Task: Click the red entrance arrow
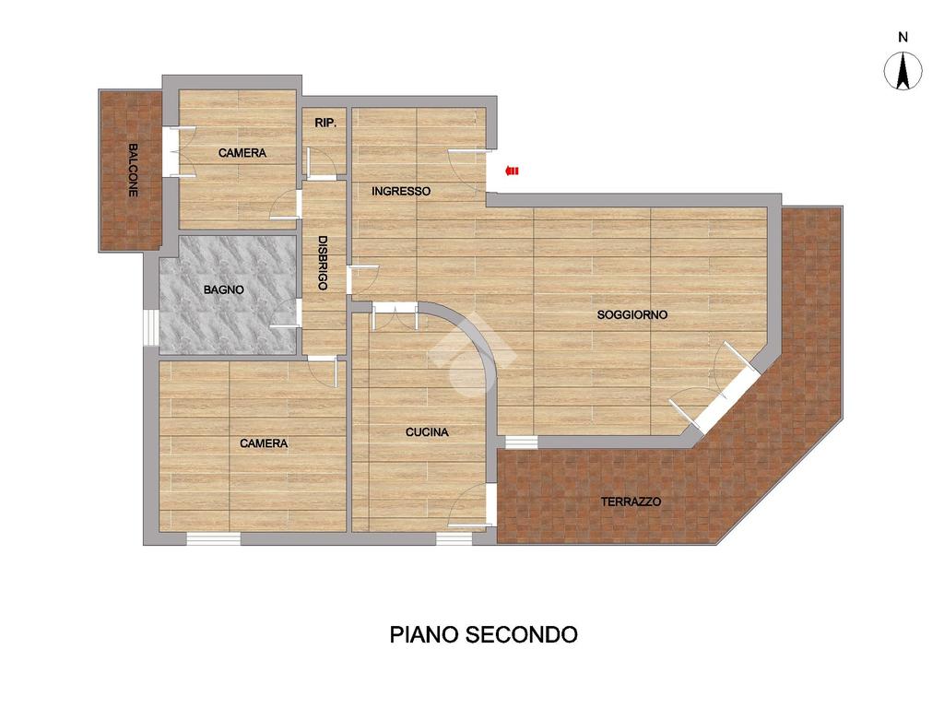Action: coord(512,171)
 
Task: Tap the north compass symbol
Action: coord(903,71)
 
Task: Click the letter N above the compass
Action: coord(903,37)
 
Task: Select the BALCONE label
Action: coord(133,170)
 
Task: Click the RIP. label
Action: coord(325,123)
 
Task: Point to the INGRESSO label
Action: coord(401,192)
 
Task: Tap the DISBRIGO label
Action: coord(323,263)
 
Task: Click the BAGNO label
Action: coord(224,289)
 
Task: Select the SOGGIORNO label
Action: coord(632,314)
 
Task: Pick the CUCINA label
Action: coord(427,431)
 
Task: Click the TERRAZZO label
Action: coord(631,501)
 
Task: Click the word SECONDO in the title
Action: coord(523,634)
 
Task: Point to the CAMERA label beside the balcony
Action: coord(242,153)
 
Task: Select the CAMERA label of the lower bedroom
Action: coord(264,443)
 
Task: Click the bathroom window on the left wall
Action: coord(150,327)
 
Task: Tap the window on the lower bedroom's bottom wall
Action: coord(213,538)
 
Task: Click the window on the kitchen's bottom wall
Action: coord(454,538)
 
